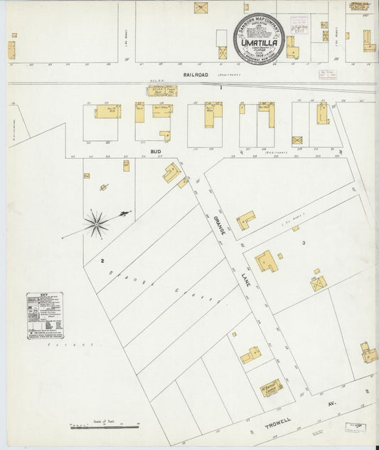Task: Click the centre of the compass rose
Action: pyautogui.click(x=96, y=224)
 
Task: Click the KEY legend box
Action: pyautogui.click(x=45, y=315)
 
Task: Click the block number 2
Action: pyautogui.click(x=103, y=261)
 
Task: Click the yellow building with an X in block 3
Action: pyautogui.click(x=318, y=283)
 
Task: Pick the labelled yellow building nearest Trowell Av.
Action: pyautogui.click(x=272, y=387)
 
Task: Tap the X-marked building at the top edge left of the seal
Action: pyautogui.click(x=201, y=8)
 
